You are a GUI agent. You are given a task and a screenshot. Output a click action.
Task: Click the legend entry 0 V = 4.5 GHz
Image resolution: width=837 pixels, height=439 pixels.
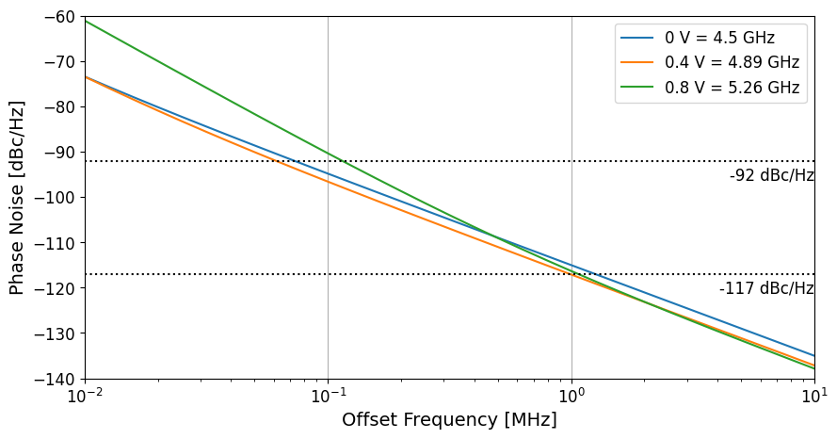click(x=719, y=39)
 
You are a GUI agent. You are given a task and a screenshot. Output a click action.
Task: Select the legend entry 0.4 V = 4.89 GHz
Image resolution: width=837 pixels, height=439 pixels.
click(x=732, y=63)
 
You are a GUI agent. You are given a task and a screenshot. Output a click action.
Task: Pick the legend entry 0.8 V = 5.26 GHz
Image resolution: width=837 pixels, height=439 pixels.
click(x=732, y=88)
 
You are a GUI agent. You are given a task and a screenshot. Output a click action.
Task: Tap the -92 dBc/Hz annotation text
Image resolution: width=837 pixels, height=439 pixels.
click(x=771, y=175)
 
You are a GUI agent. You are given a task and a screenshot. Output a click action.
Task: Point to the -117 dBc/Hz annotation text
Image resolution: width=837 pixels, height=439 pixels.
click(x=766, y=288)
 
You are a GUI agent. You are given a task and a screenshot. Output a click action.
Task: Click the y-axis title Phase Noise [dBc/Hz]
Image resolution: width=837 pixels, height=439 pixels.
click(x=17, y=198)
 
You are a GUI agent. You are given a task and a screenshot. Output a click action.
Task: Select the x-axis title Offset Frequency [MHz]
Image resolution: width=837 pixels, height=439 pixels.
click(x=449, y=420)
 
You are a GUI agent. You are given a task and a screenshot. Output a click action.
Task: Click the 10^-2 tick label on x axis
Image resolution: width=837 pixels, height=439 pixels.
click(x=85, y=396)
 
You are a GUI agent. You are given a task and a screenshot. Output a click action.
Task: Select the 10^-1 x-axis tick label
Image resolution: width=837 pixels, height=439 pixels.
click(x=328, y=396)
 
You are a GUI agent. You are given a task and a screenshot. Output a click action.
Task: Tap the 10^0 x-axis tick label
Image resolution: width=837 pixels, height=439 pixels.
click(x=571, y=396)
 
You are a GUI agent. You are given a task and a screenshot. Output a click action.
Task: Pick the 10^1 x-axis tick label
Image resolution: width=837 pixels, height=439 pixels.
click(x=814, y=396)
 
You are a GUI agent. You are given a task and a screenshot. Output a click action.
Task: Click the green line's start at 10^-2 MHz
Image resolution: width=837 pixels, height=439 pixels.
click(x=85, y=20)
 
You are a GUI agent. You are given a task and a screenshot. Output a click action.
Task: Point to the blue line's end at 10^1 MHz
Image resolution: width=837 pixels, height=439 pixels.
click(x=814, y=355)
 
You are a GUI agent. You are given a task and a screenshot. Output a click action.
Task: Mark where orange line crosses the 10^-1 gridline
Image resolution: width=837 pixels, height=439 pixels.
click(x=328, y=181)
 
